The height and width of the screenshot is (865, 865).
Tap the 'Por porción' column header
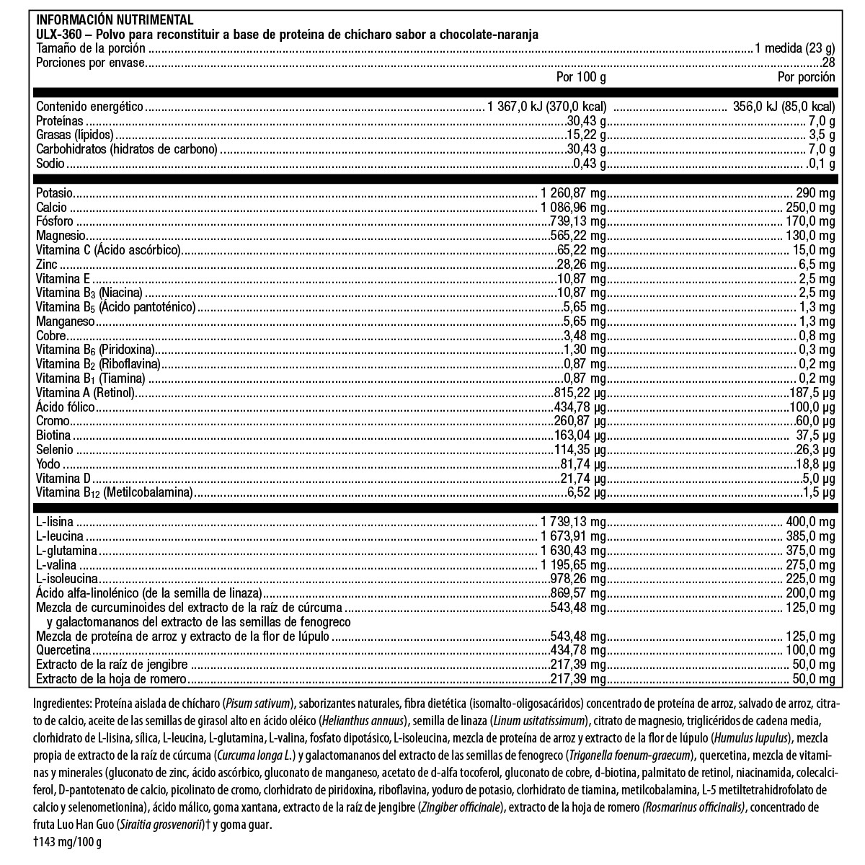[806, 76]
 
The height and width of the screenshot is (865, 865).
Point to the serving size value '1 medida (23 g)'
[794, 48]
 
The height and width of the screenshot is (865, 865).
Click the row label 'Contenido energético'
[90, 107]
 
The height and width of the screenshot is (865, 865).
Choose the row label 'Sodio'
[50, 164]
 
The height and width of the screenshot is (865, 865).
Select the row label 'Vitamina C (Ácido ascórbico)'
[107, 250]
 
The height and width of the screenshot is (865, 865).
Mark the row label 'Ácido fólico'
[66, 407]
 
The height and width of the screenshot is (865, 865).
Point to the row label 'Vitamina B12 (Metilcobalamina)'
[115, 493]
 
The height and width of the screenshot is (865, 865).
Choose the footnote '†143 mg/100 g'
[68, 843]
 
